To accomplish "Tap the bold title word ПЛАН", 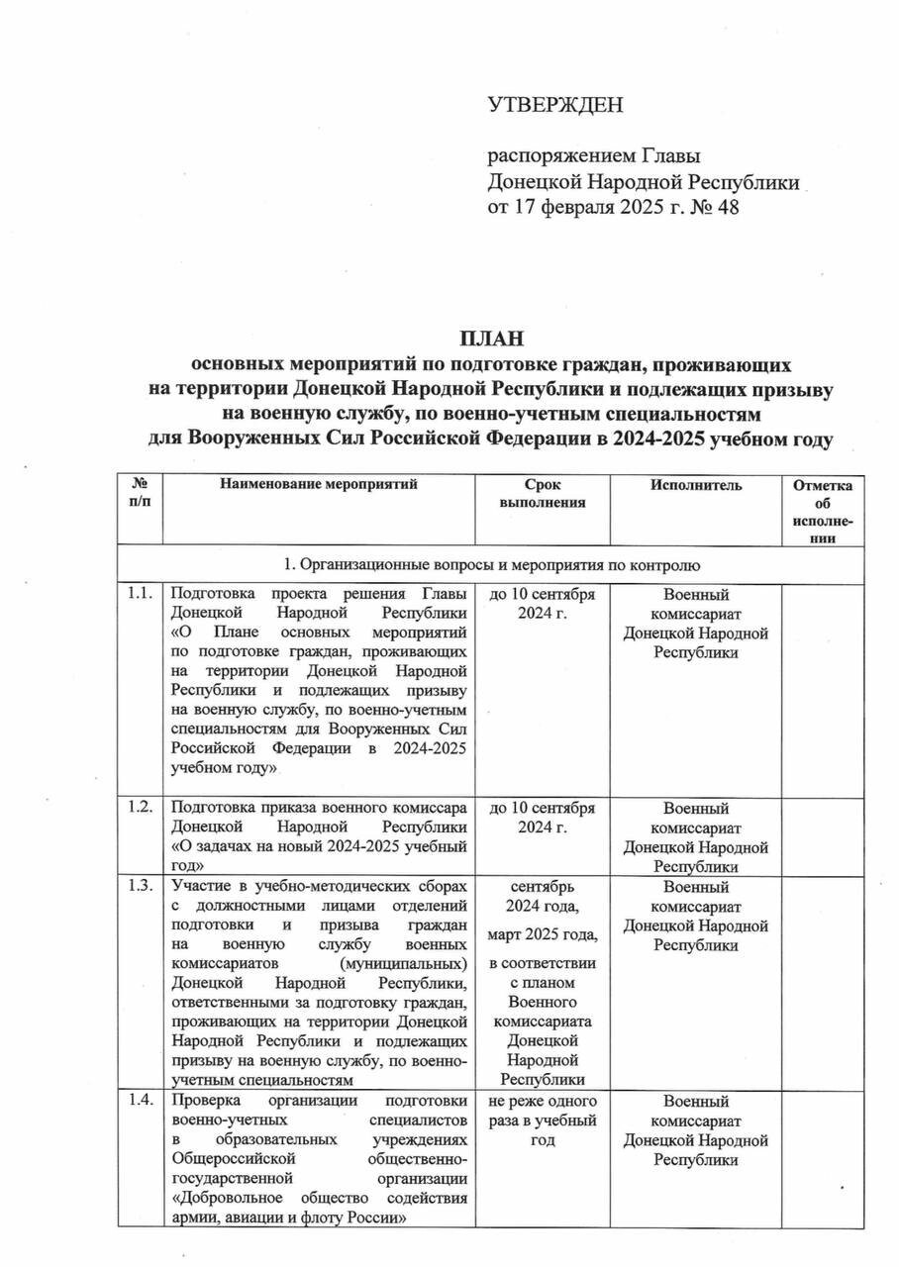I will (x=491, y=340).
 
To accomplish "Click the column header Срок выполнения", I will (x=542, y=493).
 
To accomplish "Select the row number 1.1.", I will (x=140, y=594).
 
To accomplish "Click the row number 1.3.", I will (x=140, y=888).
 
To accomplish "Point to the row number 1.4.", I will (x=140, y=1101).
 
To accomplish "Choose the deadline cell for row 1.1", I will (x=542, y=603).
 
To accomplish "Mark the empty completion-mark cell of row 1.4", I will (x=823, y=1158).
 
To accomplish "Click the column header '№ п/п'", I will (x=141, y=493).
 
